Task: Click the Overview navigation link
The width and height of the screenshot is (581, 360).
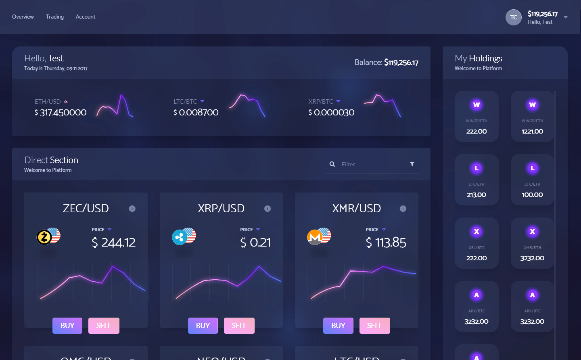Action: pos(23,17)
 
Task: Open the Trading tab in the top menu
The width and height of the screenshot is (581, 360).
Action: pos(55,17)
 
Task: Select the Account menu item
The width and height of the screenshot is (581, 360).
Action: pos(86,17)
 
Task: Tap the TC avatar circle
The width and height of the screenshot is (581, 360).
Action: pos(514,17)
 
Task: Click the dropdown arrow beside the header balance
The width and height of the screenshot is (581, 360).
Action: pos(566,17)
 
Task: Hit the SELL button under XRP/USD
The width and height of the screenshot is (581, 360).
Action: pos(239,326)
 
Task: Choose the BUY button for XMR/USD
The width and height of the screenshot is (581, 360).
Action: pos(338,326)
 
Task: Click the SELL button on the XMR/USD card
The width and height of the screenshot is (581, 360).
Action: pos(374,326)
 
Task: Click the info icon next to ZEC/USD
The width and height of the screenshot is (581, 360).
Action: pos(132,209)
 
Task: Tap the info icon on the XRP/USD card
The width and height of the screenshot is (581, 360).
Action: pos(268,209)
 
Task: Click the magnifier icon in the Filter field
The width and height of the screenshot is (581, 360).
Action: pos(332,164)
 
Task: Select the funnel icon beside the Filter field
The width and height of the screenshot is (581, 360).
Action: pos(412,164)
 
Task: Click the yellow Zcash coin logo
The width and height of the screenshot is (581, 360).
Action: pos(44,237)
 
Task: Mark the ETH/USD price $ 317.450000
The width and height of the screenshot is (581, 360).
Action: pos(61,113)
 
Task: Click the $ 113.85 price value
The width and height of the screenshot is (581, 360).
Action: pos(386,243)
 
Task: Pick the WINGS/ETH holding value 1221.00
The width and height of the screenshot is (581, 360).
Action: pos(532,132)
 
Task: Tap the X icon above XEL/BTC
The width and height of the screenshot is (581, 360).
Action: pos(477,232)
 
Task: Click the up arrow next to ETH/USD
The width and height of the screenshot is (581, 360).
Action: pos(66,101)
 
